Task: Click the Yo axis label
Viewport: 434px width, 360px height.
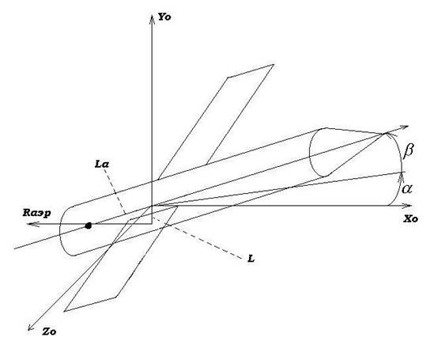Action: coord(164,17)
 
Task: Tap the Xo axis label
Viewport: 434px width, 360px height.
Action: coord(410,219)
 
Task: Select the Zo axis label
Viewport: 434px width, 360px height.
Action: coord(49,332)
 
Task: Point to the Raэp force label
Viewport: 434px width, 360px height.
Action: coord(36,214)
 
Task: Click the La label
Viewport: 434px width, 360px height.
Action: coord(102,165)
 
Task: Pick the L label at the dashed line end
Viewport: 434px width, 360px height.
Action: coord(251,259)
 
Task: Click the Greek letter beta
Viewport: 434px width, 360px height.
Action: coord(408,151)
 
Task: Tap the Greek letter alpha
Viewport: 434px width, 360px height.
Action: coord(407,189)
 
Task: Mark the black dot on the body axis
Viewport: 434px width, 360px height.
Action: coord(89,225)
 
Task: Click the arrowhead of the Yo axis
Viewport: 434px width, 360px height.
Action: coord(152,19)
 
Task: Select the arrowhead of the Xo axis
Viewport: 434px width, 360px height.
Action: coord(407,206)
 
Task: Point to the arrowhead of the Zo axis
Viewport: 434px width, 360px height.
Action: coord(31,327)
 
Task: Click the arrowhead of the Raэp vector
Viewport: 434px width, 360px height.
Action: coord(32,224)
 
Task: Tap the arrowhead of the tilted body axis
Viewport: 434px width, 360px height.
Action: coord(403,127)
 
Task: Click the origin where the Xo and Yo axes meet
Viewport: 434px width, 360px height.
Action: coord(152,206)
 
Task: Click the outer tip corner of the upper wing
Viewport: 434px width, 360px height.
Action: coord(274,65)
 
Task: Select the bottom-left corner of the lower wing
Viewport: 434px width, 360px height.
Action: coord(64,311)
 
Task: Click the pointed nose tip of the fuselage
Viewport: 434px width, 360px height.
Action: coord(386,134)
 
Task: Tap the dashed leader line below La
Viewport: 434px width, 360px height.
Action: coord(115,191)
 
